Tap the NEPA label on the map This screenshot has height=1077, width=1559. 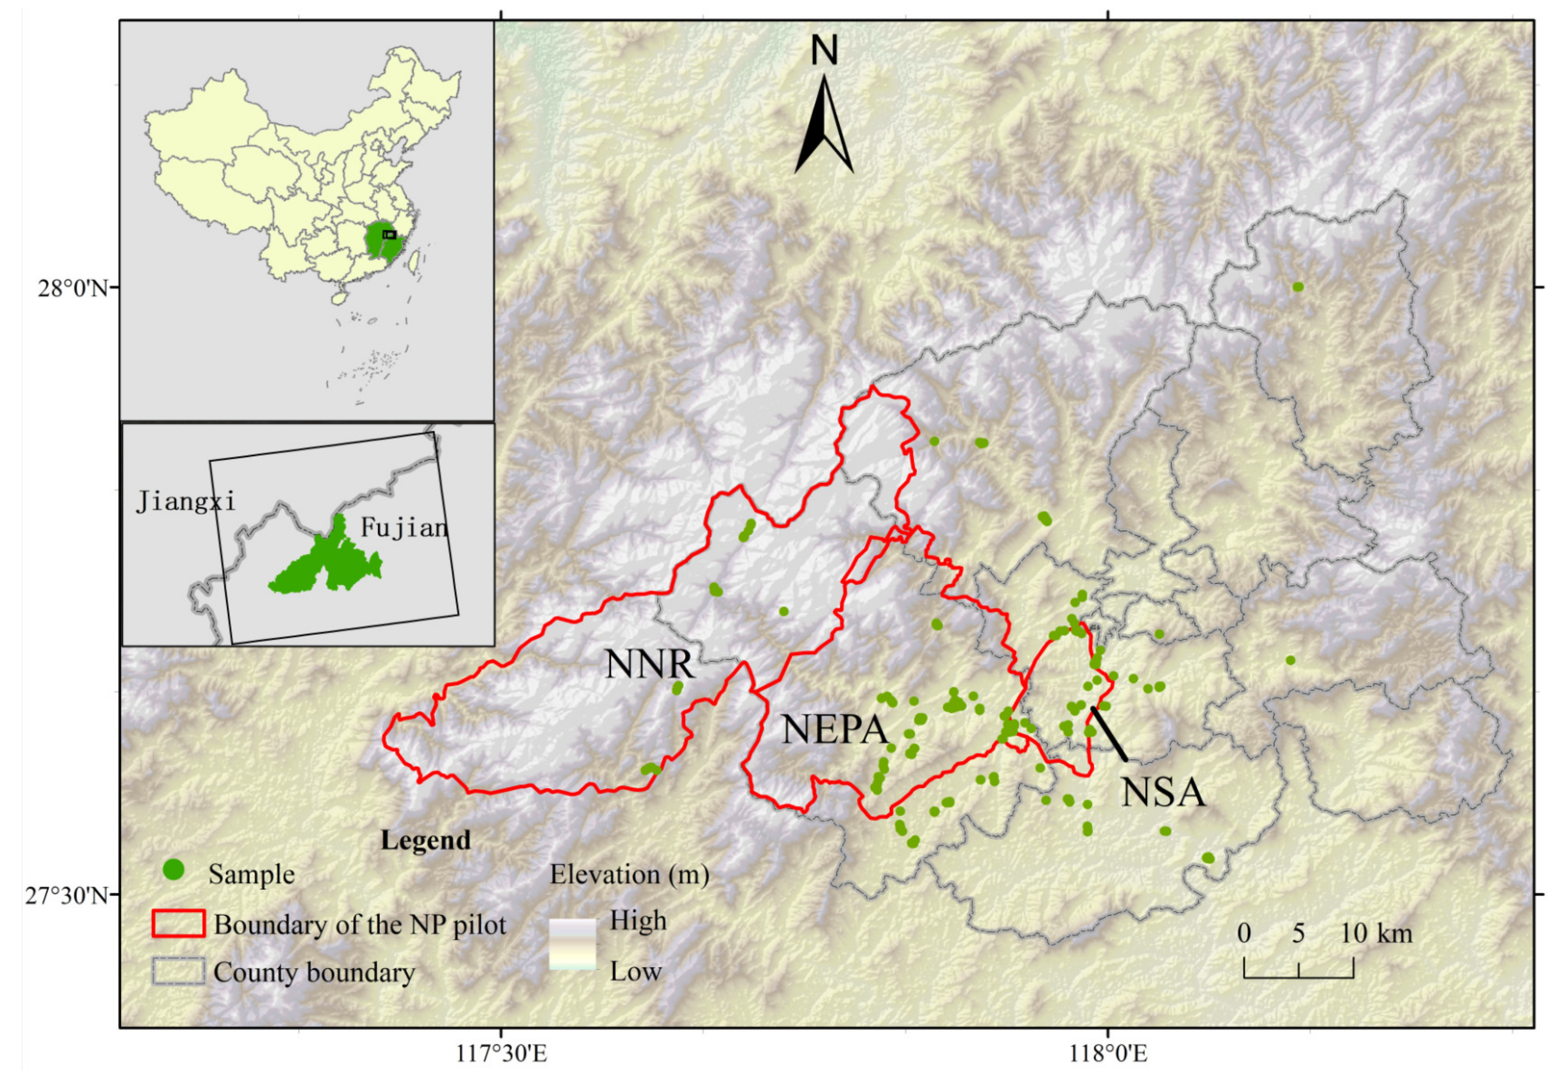click(x=835, y=730)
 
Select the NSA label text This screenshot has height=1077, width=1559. click(x=1162, y=792)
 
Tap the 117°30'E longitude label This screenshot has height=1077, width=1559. click(x=501, y=1053)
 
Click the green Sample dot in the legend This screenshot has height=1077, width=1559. click(x=174, y=870)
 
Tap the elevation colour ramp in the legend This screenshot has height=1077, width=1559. click(x=572, y=945)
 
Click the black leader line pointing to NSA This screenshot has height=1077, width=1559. click(x=1109, y=734)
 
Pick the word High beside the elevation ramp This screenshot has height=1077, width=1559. click(x=637, y=920)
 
